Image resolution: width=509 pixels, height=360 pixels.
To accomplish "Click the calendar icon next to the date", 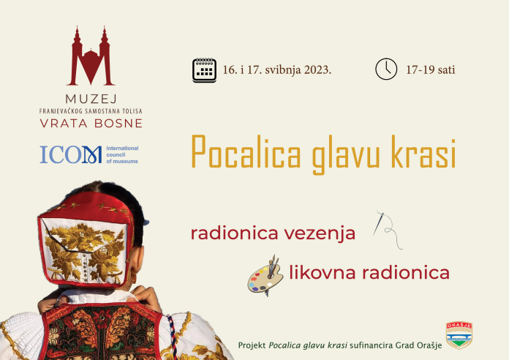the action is (204, 70).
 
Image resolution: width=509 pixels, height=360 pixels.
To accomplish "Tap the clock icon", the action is (386, 69).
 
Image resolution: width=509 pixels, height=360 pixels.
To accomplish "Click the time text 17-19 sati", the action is (431, 70).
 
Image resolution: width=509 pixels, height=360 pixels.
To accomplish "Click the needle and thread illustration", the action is (388, 229).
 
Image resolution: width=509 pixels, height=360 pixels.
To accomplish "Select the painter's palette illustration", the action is (265, 276).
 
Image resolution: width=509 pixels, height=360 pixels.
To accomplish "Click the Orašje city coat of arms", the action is (459, 335).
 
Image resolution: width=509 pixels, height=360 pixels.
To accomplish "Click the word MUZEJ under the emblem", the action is (91, 99).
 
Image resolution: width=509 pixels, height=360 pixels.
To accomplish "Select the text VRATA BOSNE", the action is (91, 124).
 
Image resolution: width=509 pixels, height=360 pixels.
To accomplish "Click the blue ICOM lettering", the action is (71, 154).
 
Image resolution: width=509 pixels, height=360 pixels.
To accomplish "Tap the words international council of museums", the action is (122, 154).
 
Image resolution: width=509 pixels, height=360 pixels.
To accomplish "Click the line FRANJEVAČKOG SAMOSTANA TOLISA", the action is (91, 111).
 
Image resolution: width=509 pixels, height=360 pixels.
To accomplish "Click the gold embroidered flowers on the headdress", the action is (85, 251).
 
